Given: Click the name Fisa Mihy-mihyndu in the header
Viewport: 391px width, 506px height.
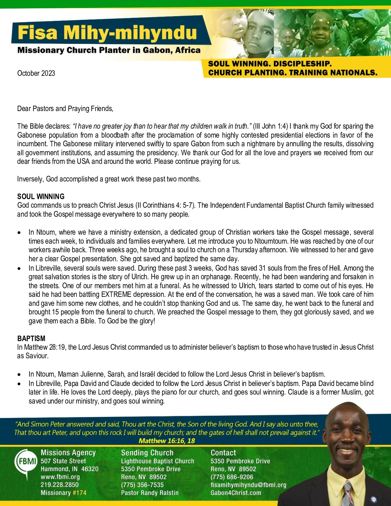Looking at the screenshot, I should pyautogui.click(x=107, y=33).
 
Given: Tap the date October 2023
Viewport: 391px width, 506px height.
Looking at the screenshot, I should pyautogui.click(x=36, y=73).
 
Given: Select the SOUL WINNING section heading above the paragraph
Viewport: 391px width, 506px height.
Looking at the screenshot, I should pyautogui.click(x=41, y=197).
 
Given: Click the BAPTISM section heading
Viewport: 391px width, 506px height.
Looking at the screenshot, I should pyautogui.click(x=31, y=339).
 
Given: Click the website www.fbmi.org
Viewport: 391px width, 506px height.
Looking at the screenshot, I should pyautogui.click(x=60, y=477).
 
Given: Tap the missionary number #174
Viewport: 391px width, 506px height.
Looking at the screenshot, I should pyautogui.click(x=79, y=493).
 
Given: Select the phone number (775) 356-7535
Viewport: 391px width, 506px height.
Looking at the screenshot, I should pyautogui.click(x=142, y=485).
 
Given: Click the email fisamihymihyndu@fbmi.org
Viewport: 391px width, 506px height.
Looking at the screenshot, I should pyautogui.click(x=248, y=485).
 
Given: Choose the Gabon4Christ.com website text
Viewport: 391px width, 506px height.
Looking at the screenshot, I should pyautogui.click(x=236, y=493).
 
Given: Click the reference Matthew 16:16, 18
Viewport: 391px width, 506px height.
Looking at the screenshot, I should pyautogui.click(x=167, y=441).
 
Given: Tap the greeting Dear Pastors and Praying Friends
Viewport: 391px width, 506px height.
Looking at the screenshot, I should pyautogui.click(x=65, y=109).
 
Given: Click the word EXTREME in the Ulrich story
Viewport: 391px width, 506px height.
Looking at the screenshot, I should pyautogui.click(x=116, y=295).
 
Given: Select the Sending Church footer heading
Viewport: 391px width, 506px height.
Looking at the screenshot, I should pyautogui.click(x=147, y=453).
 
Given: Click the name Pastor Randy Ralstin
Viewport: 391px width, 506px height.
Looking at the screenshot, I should pyautogui.click(x=149, y=493).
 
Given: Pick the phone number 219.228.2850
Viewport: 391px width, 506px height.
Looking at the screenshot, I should pyautogui.click(x=60, y=485).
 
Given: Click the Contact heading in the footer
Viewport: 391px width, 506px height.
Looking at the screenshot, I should pyautogui.click(x=223, y=453).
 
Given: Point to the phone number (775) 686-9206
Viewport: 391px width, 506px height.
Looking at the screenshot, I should pyautogui.click(x=232, y=477).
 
